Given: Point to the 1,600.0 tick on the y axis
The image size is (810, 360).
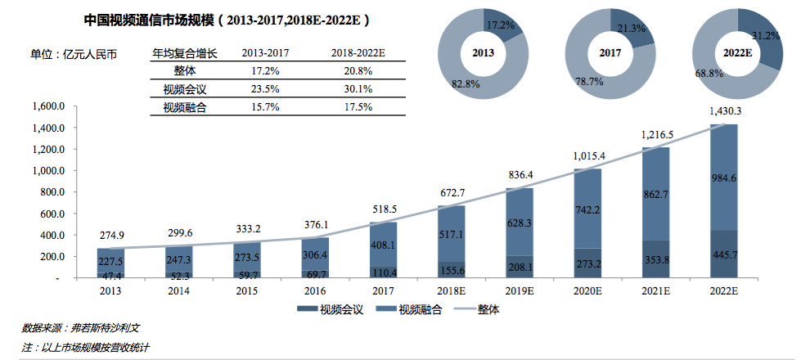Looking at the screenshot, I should tap(47, 106).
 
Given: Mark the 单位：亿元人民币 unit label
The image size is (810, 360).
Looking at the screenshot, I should tap(74, 55).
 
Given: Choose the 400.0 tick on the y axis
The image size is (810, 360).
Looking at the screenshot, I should tap(52, 235).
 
